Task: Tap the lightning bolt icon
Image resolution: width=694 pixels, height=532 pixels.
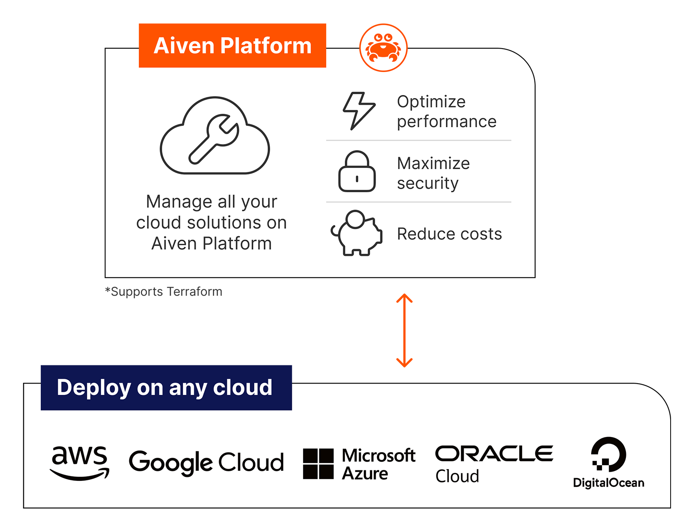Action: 359,111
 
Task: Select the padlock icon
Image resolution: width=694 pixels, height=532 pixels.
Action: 357,172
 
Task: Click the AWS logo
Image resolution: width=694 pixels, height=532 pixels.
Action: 79,463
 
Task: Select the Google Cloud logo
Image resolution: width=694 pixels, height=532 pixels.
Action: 206,463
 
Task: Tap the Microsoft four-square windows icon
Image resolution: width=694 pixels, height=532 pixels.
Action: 318,464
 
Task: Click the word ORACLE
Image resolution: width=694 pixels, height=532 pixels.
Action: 494,453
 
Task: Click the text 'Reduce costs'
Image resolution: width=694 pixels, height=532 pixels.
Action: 449,234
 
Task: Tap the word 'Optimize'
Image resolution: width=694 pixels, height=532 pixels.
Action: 431,102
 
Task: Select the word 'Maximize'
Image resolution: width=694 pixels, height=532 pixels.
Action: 433,164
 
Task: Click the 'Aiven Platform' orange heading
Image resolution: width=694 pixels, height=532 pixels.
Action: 232,46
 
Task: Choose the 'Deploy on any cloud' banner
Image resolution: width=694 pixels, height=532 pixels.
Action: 165,388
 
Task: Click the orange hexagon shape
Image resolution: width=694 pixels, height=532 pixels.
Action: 404,330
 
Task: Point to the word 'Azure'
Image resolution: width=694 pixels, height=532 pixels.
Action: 365,474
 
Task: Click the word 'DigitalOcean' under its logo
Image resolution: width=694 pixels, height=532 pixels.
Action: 608,483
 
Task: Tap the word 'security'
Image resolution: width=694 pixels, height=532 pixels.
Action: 428,184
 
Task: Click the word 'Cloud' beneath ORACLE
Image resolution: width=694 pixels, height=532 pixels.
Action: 457,476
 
